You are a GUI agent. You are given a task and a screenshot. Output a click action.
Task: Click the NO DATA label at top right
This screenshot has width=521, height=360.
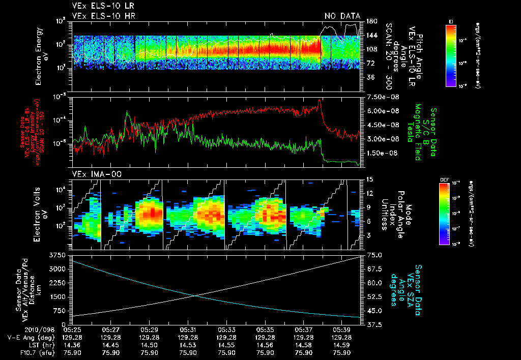tap(342, 16)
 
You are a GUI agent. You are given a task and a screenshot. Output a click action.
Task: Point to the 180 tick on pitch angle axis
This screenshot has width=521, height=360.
tap(371, 21)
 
